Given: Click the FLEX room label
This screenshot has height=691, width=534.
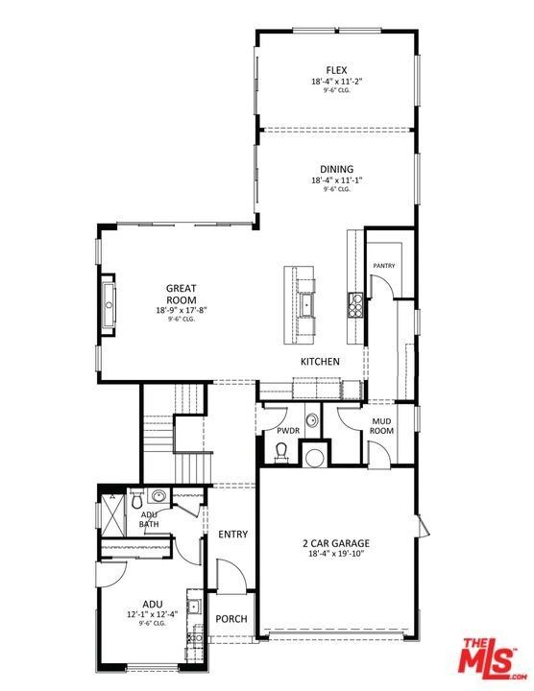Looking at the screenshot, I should coord(335,70).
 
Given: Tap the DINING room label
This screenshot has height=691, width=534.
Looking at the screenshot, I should coord(336,169).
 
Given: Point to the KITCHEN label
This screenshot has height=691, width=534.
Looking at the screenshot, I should coord(320,362).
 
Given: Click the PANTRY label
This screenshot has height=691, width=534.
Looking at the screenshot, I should coord(384,266).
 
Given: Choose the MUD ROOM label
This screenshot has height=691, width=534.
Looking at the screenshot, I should coord(382,426).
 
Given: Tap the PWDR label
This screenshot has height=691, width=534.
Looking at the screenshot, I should coord(288,431).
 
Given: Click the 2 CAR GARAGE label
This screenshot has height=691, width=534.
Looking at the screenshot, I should coord(335,543).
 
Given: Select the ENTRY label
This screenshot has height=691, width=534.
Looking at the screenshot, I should coord(232,535).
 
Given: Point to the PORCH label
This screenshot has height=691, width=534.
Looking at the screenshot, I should coord(231,619).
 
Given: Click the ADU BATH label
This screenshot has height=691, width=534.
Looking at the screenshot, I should coord(149,519).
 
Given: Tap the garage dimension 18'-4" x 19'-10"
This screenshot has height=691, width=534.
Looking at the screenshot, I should coord(335,554).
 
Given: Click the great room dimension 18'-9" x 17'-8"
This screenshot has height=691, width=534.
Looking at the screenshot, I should coord(182,310).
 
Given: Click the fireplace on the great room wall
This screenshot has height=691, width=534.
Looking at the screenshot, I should coord(109,307).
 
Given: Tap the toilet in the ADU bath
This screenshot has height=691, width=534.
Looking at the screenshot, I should coord(137,499).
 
